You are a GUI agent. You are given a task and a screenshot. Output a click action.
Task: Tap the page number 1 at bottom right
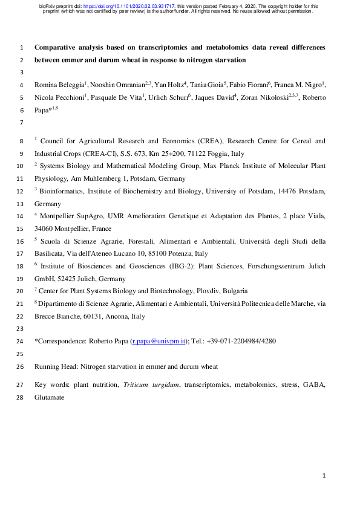click(x=324, y=476)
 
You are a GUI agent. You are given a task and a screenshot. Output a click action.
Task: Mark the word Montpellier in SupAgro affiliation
click(x=61, y=215)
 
